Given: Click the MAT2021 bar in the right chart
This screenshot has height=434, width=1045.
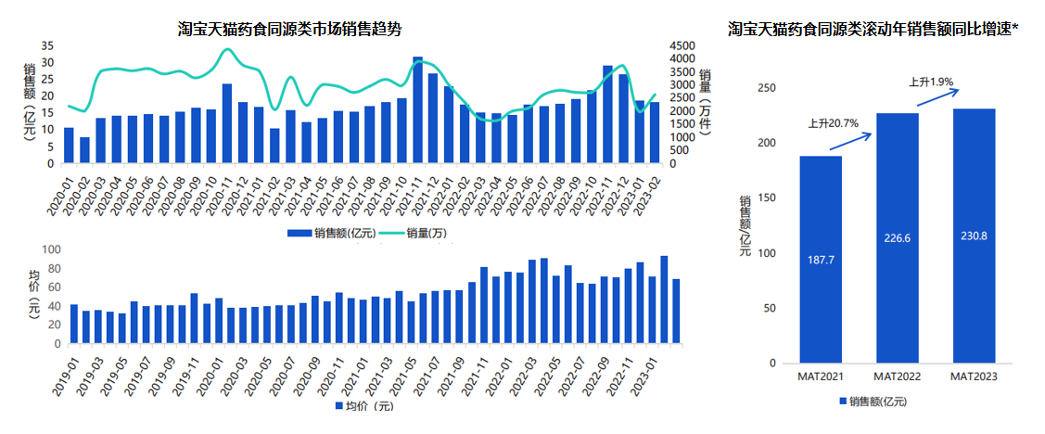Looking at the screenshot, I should point(821,260).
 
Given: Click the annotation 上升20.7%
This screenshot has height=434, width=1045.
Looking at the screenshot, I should point(833,122).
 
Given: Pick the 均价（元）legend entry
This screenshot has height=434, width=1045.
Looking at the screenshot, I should point(363,405).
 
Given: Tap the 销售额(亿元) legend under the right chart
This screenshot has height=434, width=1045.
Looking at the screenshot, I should point(877,401).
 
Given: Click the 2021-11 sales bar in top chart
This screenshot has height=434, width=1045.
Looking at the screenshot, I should point(418,109).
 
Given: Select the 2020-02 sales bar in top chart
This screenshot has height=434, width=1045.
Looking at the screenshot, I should point(84,150).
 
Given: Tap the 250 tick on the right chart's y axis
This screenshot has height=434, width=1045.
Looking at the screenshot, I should point(767,88).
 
